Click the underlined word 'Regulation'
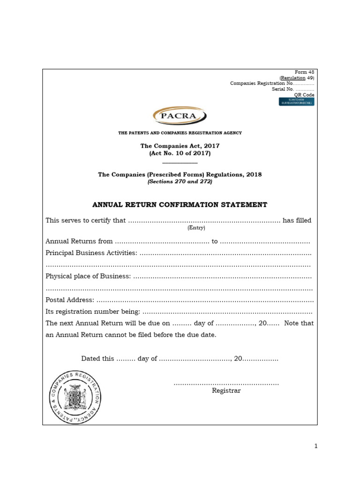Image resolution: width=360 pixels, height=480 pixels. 292,78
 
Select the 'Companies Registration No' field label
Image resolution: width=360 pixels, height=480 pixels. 262,83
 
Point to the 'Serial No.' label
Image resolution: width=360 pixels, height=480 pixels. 283,89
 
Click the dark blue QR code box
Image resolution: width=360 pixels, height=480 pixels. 297,102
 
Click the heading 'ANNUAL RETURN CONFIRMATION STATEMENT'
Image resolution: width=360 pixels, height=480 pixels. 180,205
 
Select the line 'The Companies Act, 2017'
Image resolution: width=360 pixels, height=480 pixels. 180,146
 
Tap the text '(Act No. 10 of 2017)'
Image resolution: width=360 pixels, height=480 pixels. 180,154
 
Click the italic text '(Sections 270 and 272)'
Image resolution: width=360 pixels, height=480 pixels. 180,181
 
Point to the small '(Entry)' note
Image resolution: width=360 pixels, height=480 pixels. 196,228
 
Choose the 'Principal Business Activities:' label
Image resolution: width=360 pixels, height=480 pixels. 91,253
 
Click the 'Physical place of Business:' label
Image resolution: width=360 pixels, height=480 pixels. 88,277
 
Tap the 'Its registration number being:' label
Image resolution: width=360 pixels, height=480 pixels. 92,312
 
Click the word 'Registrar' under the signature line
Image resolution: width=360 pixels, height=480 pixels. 226,390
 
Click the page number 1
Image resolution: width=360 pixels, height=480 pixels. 316,446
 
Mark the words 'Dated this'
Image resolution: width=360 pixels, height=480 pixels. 97,359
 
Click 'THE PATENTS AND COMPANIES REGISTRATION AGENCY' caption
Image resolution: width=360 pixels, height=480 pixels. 180,133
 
